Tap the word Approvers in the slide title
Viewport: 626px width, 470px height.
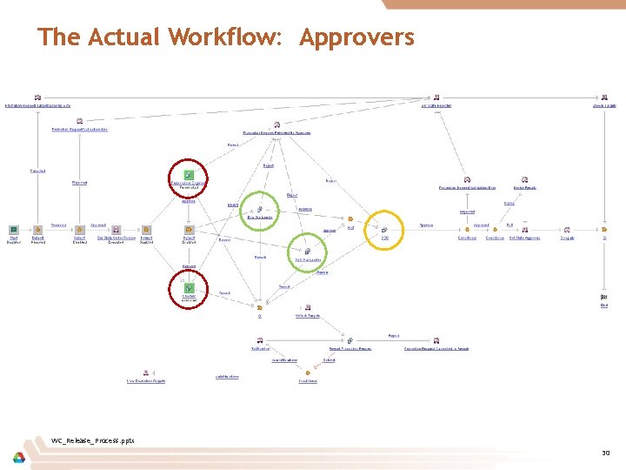point(357,38)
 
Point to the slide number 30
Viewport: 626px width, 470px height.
point(606,453)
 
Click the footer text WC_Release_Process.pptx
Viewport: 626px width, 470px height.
point(92,440)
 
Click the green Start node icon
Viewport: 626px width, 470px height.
point(14,230)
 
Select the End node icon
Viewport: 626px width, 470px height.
point(603,298)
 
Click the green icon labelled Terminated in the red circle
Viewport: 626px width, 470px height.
point(188,175)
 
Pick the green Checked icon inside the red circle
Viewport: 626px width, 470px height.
point(188,287)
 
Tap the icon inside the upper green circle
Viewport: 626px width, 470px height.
point(259,209)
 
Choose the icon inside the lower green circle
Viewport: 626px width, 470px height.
point(308,251)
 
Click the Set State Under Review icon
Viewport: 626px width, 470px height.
point(116,230)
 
